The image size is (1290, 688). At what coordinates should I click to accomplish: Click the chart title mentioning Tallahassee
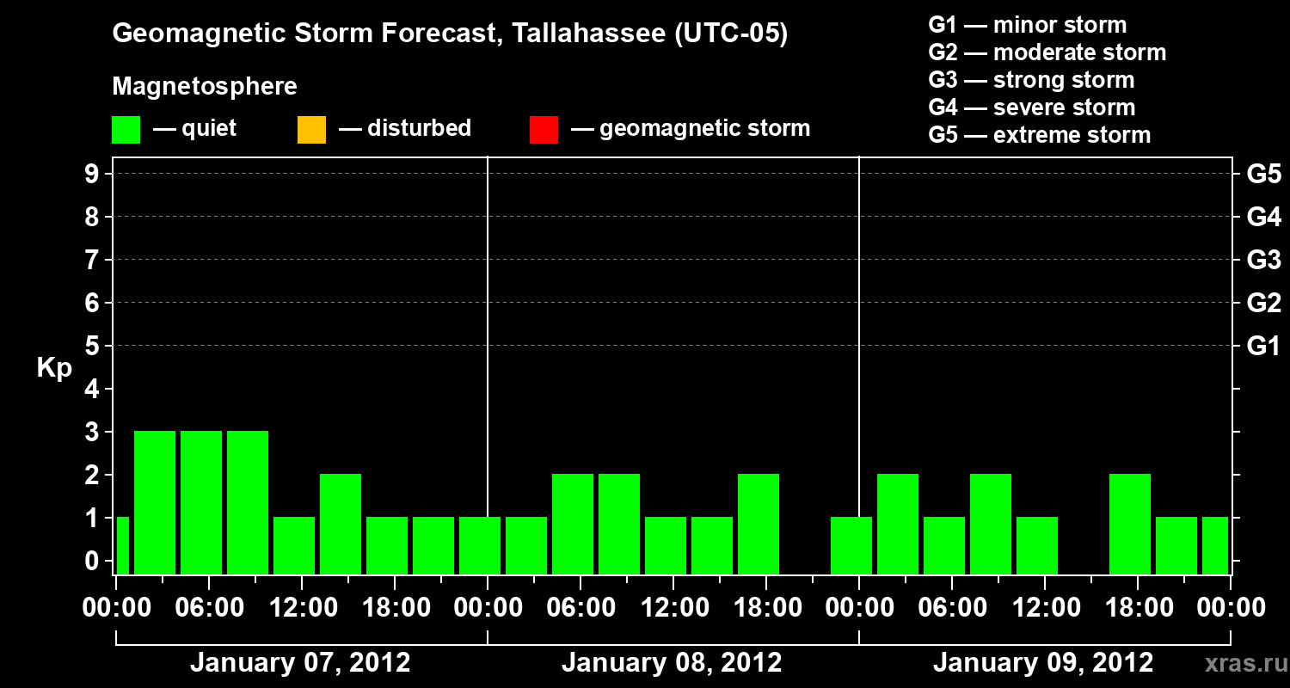click(x=450, y=34)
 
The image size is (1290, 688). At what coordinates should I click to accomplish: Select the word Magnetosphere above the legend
click(x=205, y=87)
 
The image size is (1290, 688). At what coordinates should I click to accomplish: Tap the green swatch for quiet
click(x=126, y=130)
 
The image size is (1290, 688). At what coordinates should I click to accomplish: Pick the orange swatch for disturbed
click(x=311, y=130)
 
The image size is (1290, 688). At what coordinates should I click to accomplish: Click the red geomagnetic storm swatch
click(x=544, y=130)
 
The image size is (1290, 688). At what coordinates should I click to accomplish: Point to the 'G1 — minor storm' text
click(x=1027, y=25)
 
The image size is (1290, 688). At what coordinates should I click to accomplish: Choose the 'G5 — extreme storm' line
click(x=1039, y=135)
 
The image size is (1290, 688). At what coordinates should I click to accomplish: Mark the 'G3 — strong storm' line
click(x=1031, y=80)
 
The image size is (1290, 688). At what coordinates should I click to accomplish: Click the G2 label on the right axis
click(x=1263, y=303)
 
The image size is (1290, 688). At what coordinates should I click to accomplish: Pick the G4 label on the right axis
click(x=1263, y=217)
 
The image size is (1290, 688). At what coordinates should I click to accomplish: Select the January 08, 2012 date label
click(x=672, y=663)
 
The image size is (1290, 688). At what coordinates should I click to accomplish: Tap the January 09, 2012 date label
click(x=1043, y=663)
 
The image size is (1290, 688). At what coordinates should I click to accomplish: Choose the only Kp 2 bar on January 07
click(x=341, y=524)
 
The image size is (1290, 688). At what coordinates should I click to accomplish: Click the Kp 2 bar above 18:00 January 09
click(x=1130, y=524)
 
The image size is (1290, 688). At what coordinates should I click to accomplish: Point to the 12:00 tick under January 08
click(x=673, y=608)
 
